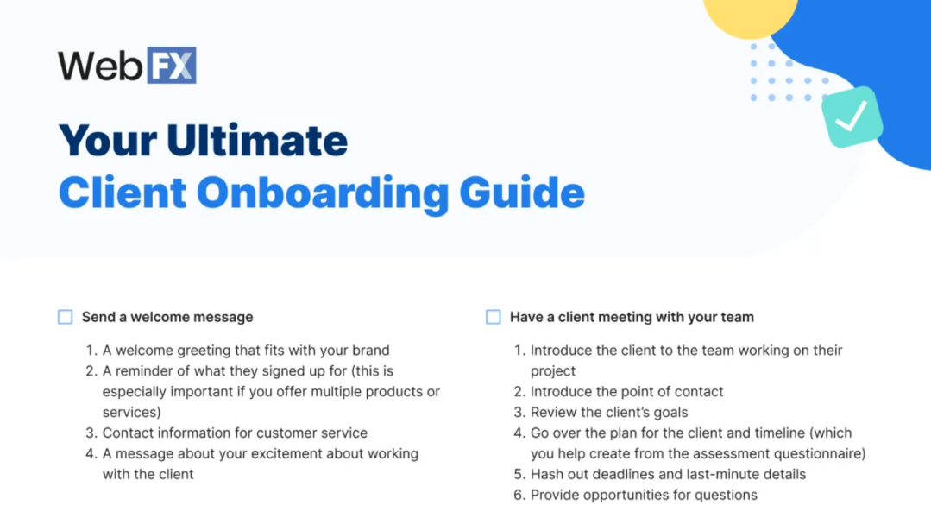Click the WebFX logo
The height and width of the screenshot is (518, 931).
point(127,66)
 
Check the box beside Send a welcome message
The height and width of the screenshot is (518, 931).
point(66,317)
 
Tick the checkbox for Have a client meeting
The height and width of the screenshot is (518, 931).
point(494,317)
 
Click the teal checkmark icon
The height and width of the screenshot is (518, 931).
point(851,117)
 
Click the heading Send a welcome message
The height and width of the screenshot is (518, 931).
point(167,317)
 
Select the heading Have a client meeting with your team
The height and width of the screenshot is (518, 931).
point(632,317)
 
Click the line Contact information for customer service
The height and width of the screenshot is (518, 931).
point(235,433)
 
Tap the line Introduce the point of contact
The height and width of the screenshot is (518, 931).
point(626,391)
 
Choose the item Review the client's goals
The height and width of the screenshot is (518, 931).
point(609,412)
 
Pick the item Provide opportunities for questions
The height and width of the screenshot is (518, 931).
point(644,495)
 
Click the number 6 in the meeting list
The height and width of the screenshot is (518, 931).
point(519,495)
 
